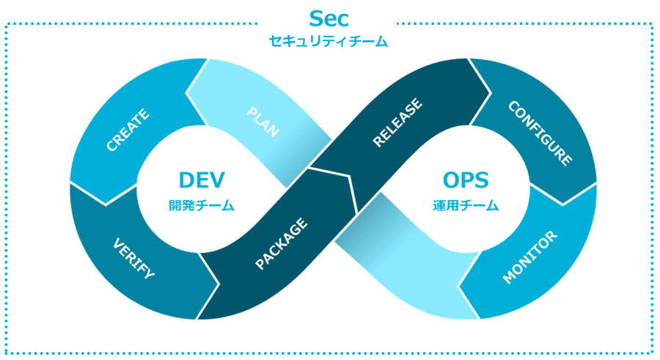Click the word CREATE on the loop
[x=128, y=130]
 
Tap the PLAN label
[x=263, y=122]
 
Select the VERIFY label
[x=134, y=259]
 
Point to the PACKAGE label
[x=282, y=243]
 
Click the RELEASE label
[x=397, y=122]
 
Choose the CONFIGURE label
[x=540, y=133]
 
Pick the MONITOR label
[x=530, y=257]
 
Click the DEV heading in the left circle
[x=202, y=180]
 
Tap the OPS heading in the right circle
[x=466, y=180]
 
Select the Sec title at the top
[x=329, y=18]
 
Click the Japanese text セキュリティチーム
[x=328, y=41]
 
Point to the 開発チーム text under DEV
[x=201, y=205]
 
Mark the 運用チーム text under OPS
[x=466, y=205]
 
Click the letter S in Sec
[x=316, y=18]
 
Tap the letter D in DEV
[x=187, y=180]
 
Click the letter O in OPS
[x=451, y=180]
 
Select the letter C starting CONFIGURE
[x=513, y=106]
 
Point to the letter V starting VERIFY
[x=119, y=244]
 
